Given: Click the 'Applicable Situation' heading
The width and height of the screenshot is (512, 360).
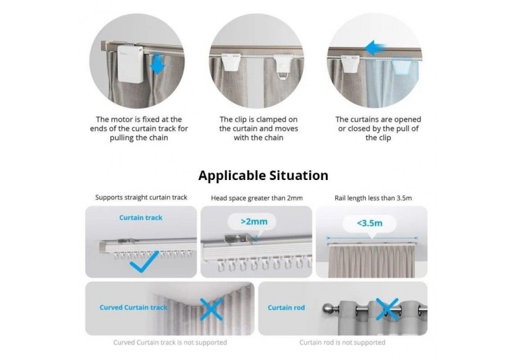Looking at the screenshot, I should pyautogui.click(x=263, y=176).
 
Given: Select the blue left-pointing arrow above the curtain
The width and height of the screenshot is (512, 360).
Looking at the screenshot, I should pyautogui.click(x=378, y=48).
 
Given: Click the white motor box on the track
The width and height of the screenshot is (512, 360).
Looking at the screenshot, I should pyautogui.click(x=131, y=68).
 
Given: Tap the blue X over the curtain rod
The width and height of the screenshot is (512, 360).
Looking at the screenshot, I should pyautogui.click(x=387, y=308).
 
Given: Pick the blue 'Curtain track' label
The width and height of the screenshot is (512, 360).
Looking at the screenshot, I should pyautogui.click(x=142, y=218).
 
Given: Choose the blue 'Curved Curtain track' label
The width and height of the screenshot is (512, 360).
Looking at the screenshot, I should pyautogui.click(x=133, y=307).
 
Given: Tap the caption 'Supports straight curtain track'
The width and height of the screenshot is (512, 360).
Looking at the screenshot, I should pyautogui.click(x=141, y=198).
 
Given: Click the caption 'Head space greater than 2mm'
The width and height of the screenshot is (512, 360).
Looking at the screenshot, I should pyautogui.click(x=257, y=198).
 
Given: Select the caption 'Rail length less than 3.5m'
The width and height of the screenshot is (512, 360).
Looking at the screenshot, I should pyautogui.click(x=371, y=198).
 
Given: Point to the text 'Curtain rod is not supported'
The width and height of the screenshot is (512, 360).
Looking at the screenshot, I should pyautogui.click(x=342, y=342).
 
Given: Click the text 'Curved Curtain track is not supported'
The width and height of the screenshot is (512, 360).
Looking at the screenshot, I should pyautogui.click(x=170, y=342).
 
